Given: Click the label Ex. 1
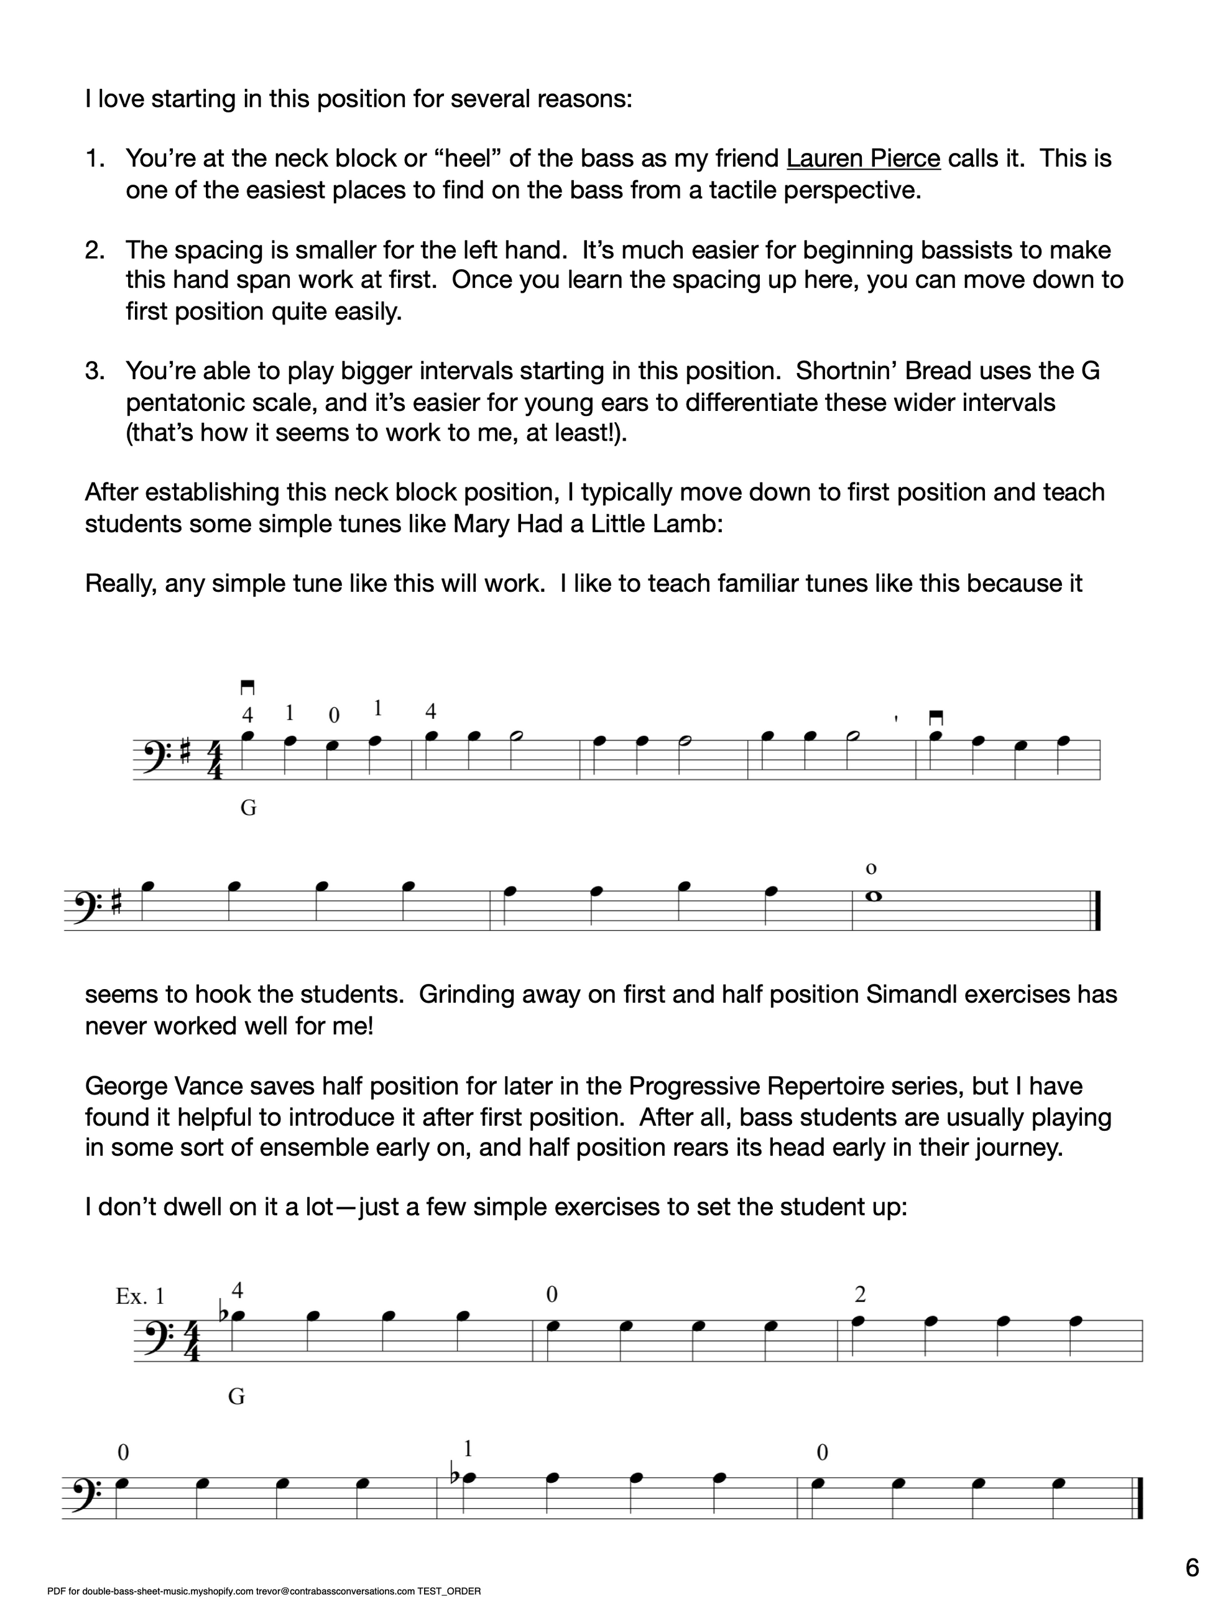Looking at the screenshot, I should (140, 1296).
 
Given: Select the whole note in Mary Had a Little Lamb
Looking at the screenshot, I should (872, 896).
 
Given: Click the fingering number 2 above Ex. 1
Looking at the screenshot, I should (860, 1295).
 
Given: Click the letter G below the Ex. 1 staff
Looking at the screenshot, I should (236, 1396).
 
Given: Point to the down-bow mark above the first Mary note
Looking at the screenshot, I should (247, 686).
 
